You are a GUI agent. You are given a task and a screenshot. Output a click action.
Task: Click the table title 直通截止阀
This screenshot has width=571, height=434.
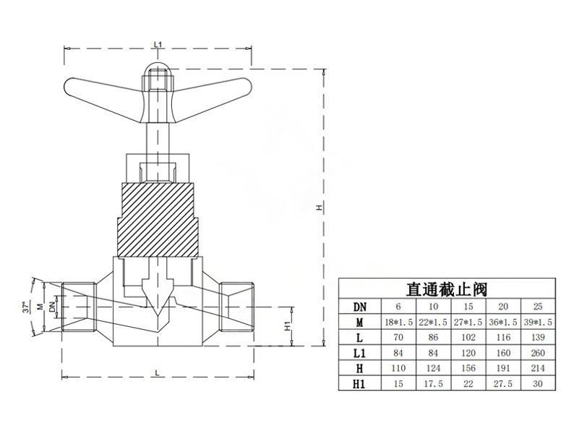[x=446, y=289]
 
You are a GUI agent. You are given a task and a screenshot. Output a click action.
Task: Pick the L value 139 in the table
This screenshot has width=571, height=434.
[x=538, y=338]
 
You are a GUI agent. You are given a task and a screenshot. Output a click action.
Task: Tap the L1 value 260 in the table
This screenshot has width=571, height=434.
[x=538, y=354]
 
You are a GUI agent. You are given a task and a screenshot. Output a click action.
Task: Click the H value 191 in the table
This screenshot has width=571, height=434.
[x=505, y=370]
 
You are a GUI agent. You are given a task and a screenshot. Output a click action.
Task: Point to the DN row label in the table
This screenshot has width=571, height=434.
[x=359, y=306]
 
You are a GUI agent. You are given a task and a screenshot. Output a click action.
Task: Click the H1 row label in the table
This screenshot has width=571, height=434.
[x=359, y=386]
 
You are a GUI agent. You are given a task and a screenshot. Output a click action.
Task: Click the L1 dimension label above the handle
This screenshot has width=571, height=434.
[x=158, y=45]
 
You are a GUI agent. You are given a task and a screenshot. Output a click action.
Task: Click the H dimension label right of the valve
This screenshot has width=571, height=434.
[x=318, y=208]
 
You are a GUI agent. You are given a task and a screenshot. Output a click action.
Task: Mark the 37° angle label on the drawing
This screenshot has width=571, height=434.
[x=27, y=307]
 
